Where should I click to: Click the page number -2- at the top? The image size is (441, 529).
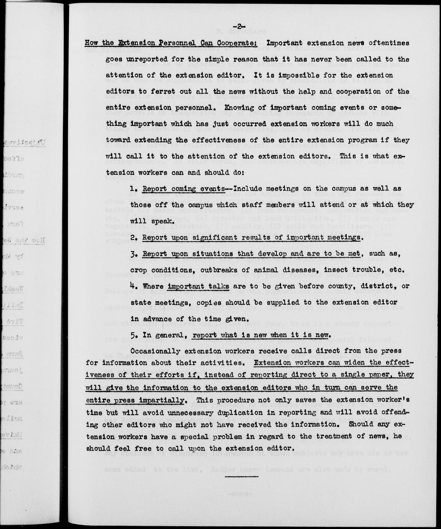point(238,26)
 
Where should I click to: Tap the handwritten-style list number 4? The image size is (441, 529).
point(133,286)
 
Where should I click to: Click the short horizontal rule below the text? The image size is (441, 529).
point(242,476)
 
